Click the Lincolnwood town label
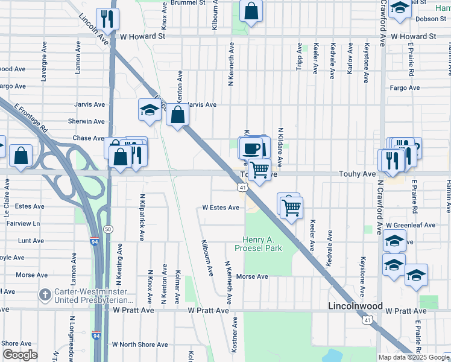(x=356, y=306)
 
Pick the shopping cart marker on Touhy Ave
(x=259, y=171)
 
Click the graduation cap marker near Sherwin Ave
(x=149, y=109)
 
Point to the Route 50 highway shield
(x=108, y=229)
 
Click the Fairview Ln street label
(x=24, y=223)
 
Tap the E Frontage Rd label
(x=31, y=118)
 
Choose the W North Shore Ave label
(x=140, y=345)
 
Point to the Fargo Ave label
(x=405, y=88)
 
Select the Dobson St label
(x=430, y=19)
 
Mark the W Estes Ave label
(x=221, y=208)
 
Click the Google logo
(x=20, y=355)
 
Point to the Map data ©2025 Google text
(x=414, y=357)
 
